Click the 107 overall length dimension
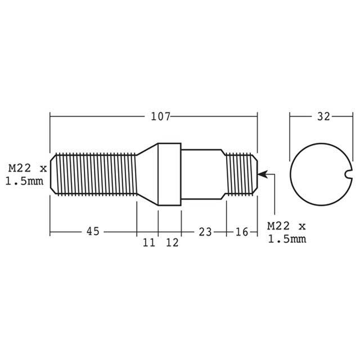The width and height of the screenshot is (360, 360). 160,117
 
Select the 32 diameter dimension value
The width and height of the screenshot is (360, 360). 323,117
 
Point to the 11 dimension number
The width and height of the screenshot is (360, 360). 148,242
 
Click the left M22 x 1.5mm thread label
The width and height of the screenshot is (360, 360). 25,174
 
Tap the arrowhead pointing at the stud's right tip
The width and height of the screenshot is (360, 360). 262,175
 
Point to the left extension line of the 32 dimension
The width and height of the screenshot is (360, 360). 290,132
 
